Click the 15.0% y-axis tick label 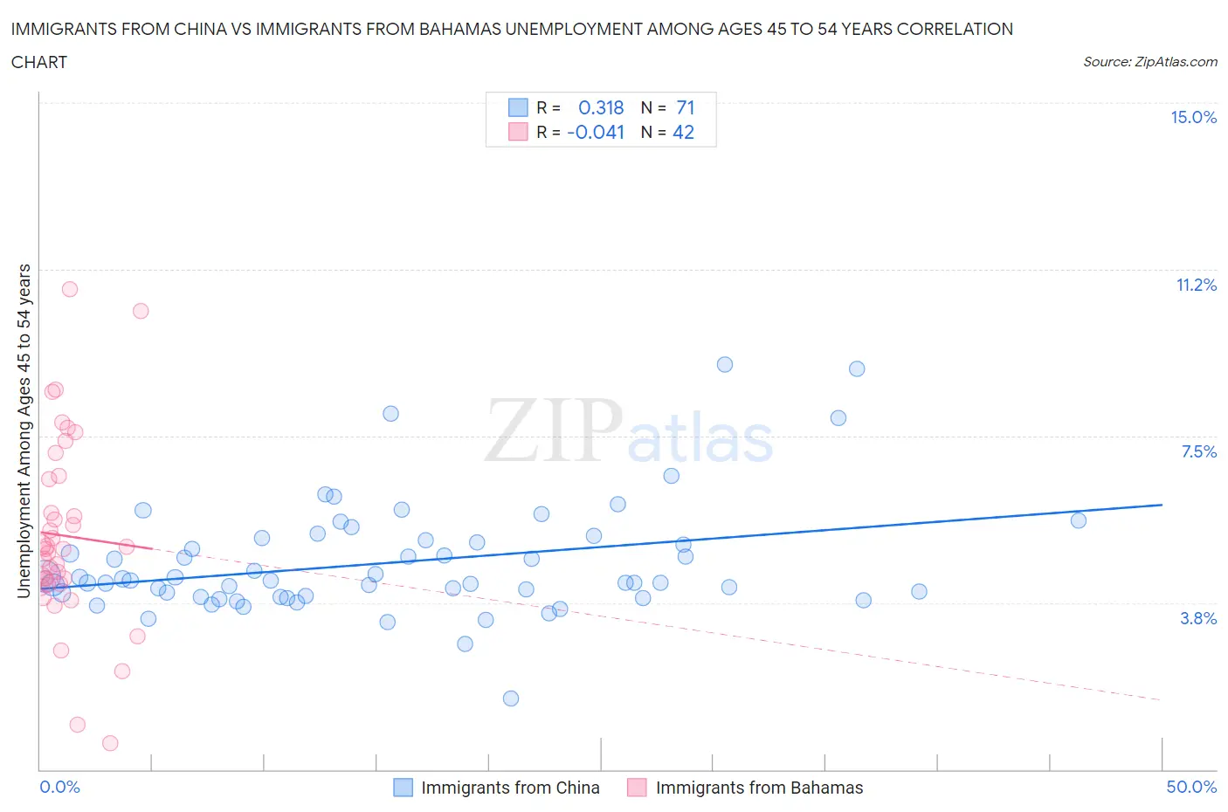[x=1193, y=117]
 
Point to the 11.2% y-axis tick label [x=1196, y=285]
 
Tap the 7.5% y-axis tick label [x=1198, y=451]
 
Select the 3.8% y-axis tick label [x=1198, y=618]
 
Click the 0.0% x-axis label [x=59, y=787]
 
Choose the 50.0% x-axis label [x=1191, y=787]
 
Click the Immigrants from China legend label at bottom [x=510, y=788]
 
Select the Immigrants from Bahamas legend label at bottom [x=759, y=788]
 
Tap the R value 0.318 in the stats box [x=601, y=107]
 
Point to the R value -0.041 [x=596, y=132]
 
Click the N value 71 [x=686, y=107]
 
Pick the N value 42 [x=683, y=132]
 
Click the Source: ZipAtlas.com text [x=1149, y=62]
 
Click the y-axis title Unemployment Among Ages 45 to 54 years [x=24, y=430]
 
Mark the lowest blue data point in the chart [x=511, y=698]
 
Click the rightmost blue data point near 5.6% [x=1079, y=520]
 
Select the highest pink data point [x=70, y=289]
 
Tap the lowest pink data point [x=110, y=743]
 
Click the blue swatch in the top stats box [x=518, y=107]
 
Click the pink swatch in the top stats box [x=518, y=132]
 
